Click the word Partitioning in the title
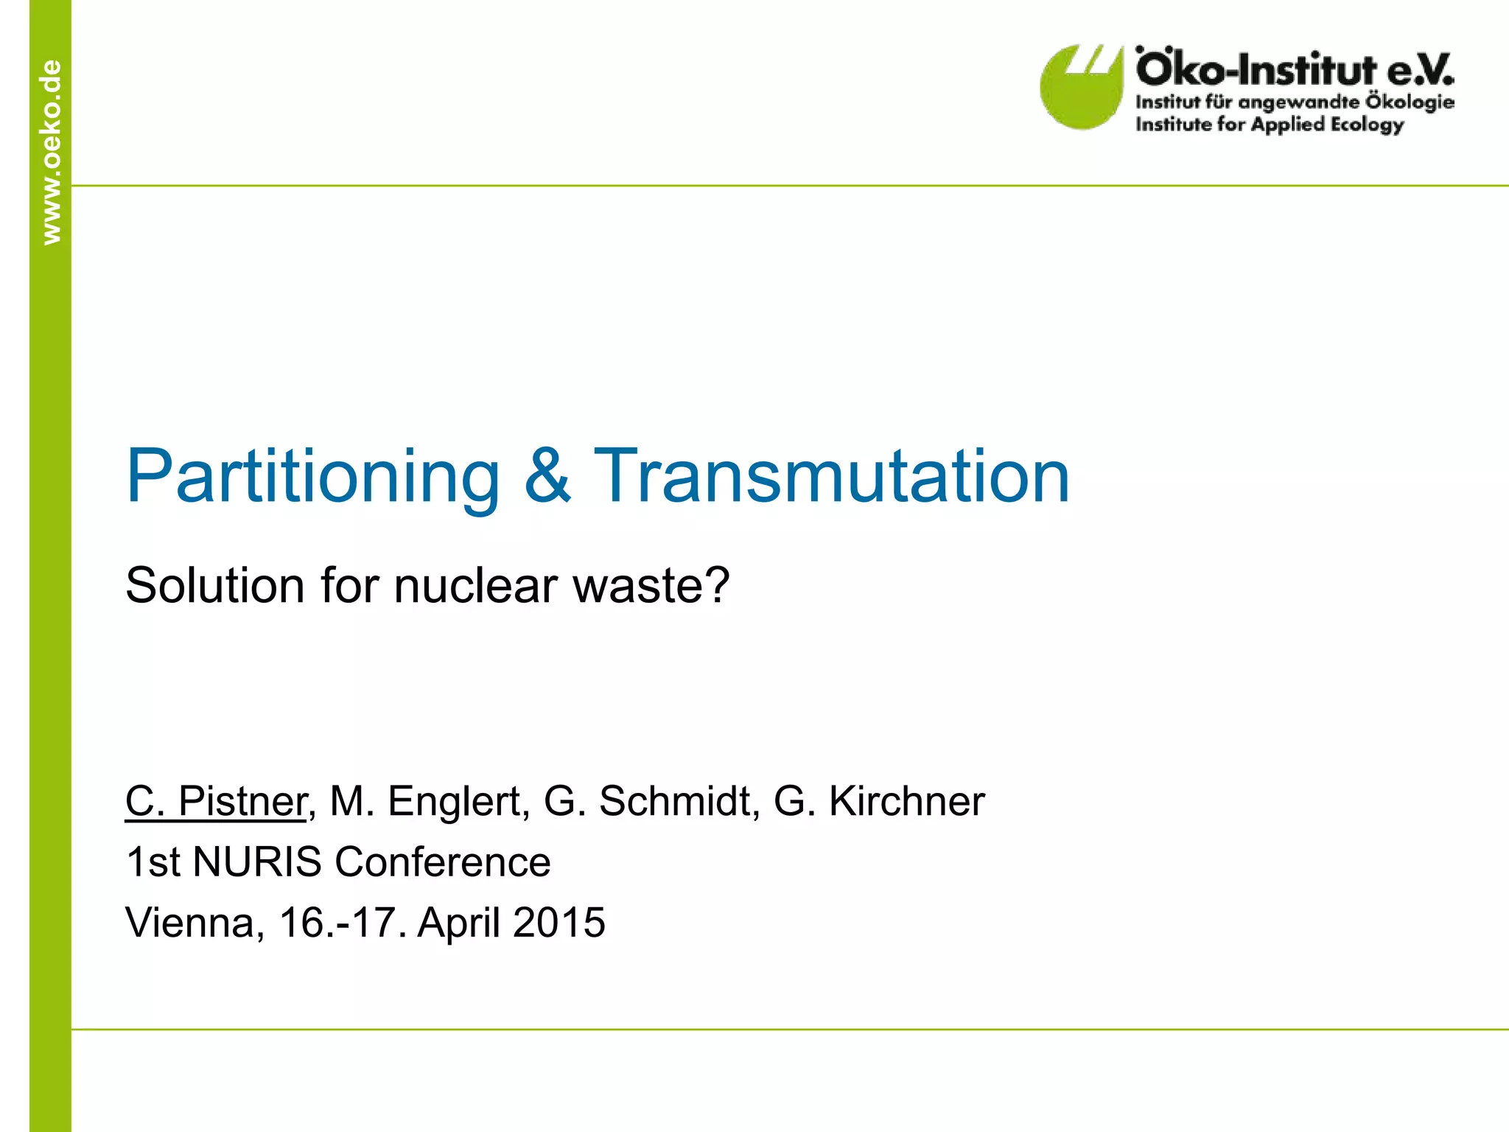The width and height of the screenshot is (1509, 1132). pyautogui.click(x=312, y=478)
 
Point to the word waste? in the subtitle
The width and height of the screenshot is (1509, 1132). pyautogui.click(x=651, y=586)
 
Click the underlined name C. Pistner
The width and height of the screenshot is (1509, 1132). pyautogui.click(x=215, y=801)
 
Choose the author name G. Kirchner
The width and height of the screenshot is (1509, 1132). pyautogui.click(x=879, y=801)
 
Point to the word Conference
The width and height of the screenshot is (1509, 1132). pyautogui.click(x=442, y=862)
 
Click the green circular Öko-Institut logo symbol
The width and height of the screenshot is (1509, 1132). pyautogui.click(x=1080, y=88)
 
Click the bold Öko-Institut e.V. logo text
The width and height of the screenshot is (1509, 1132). pyautogui.click(x=1295, y=69)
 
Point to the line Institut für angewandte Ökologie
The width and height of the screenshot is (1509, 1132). pyautogui.click(x=1295, y=102)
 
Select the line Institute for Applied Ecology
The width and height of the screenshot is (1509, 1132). pyautogui.click(x=1269, y=124)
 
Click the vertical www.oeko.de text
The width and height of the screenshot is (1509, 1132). pyautogui.click(x=51, y=152)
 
